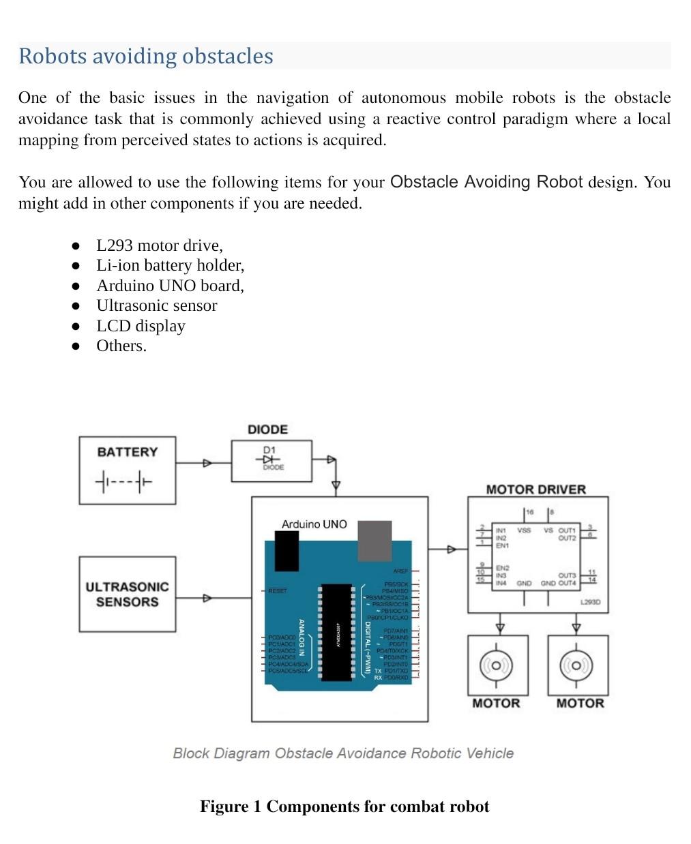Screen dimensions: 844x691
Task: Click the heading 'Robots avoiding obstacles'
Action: point(145,56)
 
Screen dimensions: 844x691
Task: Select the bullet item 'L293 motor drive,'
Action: point(160,245)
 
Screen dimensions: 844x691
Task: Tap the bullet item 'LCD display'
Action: point(141,326)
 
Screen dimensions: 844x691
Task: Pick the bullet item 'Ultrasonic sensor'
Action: point(156,305)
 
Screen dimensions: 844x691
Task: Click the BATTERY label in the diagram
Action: point(127,452)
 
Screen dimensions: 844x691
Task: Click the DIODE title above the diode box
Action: point(267,429)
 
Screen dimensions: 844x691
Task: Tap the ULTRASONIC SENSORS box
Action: point(127,594)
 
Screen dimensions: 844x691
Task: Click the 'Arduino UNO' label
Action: point(314,524)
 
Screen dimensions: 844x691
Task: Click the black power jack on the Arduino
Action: point(286,551)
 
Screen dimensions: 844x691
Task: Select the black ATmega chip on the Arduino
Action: point(337,632)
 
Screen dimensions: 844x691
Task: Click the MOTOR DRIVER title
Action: point(535,489)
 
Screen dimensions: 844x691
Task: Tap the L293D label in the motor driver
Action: point(589,603)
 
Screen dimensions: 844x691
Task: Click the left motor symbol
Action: point(497,665)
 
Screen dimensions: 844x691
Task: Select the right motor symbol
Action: point(577,665)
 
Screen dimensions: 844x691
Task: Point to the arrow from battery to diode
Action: point(207,464)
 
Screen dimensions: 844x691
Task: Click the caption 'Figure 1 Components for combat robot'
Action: point(344,807)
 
